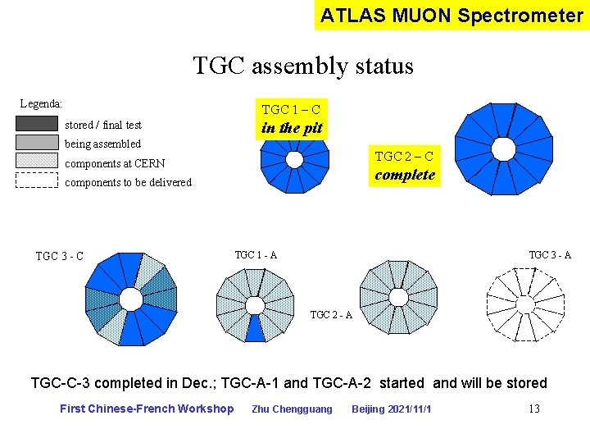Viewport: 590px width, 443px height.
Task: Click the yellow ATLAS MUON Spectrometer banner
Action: click(x=452, y=15)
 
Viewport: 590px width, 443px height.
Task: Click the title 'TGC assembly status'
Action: click(x=303, y=66)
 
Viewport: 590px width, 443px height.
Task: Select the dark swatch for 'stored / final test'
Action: click(x=37, y=124)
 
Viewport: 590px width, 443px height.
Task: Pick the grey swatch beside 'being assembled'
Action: click(x=37, y=143)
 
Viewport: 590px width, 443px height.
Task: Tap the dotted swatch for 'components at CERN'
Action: click(x=37, y=162)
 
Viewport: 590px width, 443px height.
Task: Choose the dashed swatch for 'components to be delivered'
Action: click(x=37, y=180)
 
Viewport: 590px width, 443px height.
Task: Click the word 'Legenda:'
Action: click(x=41, y=104)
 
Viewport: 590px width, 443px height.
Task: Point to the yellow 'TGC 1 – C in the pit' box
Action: click(x=291, y=119)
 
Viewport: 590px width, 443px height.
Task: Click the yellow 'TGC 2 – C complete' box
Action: click(x=404, y=167)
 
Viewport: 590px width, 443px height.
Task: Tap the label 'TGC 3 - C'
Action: click(x=59, y=256)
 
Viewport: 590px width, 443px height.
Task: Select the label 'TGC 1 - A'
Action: click(x=256, y=255)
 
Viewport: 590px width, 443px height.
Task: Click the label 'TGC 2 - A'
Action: click(x=331, y=315)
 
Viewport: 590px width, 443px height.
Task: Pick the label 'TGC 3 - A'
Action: click(x=550, y=255)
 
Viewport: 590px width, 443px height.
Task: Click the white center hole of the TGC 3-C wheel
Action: click(x=130, y=298)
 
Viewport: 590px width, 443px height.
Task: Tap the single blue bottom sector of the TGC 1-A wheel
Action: click(x=256, y=328)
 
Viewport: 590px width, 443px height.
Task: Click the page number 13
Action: click(x=533, y=409)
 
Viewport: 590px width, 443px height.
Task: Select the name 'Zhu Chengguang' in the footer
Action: click(x=292, y=409)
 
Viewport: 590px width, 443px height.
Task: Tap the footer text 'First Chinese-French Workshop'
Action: click(x=147, y=409)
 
